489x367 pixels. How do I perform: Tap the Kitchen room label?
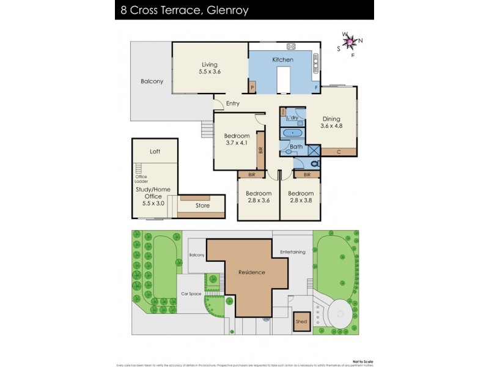pyautogui.click(x=283, y=60)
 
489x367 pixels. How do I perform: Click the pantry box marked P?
pyautogui.click(x=252, y=88)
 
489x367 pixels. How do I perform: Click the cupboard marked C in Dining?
pyautogui.click(x=339, y=152)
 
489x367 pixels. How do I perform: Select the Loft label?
pyautogui.click(x=155, y=151)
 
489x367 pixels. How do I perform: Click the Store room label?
pyautogui.click(x=202, y=206)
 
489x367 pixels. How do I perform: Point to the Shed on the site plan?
pyautogui.click(x=301, y=322)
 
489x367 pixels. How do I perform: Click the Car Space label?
pyautogui.click(x=191, y=294)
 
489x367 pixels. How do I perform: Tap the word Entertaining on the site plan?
pyautogui.click(x=292, y=252)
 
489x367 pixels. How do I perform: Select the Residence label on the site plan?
pyautogui.click(x=252, y=272)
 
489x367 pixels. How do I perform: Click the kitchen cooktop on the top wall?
pyautogui.click(x=291, y=46)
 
